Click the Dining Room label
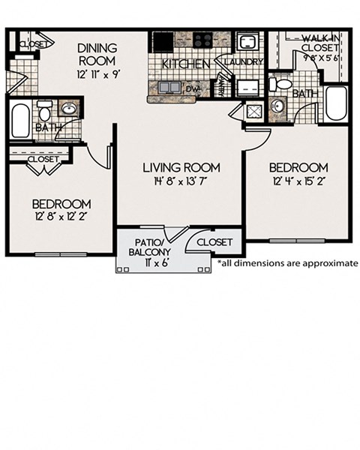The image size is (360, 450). (96, 54)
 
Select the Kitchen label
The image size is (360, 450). (181, 64)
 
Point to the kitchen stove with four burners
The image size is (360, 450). (202, 40)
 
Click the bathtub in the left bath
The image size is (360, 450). (20, 120)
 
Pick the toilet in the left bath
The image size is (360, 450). (44, 113)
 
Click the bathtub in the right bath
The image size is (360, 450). (336, 103)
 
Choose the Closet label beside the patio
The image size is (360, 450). (214, 242)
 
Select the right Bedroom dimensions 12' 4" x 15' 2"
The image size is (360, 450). (298, 181)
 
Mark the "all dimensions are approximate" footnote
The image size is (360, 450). (287, 263)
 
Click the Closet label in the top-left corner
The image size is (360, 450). (31, 44)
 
